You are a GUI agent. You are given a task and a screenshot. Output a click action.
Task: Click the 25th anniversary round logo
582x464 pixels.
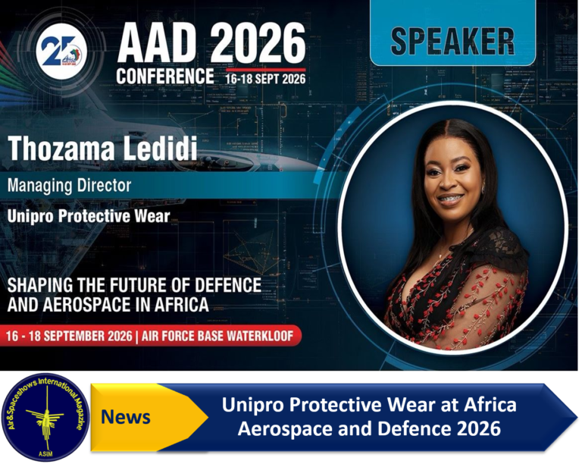pos(61,51)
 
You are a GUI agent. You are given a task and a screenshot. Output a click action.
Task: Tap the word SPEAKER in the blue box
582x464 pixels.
pos(452,41)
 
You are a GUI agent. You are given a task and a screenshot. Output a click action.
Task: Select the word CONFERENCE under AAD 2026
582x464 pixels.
pos(165,76)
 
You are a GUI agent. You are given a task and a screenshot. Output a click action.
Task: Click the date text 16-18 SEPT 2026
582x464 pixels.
pos(265,79)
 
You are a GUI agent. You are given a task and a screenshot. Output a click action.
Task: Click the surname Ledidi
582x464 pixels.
pos(160,149)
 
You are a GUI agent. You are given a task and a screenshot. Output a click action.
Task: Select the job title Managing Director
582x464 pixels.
pos(70,185)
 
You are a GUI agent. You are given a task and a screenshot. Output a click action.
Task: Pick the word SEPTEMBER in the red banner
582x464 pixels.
pos(77,336)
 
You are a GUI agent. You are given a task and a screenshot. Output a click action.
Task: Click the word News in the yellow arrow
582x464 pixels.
pos(126,417)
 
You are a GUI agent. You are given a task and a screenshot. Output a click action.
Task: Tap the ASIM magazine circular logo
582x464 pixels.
pos(45,417)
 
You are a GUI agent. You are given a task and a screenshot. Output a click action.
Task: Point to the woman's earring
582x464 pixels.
pos(484,190)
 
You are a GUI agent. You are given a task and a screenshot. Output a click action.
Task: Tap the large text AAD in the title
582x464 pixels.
pos(157,43)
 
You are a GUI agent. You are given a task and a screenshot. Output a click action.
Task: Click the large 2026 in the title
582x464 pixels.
pos(258,43)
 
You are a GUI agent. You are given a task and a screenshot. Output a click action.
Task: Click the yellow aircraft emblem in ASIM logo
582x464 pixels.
pos(46,415)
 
